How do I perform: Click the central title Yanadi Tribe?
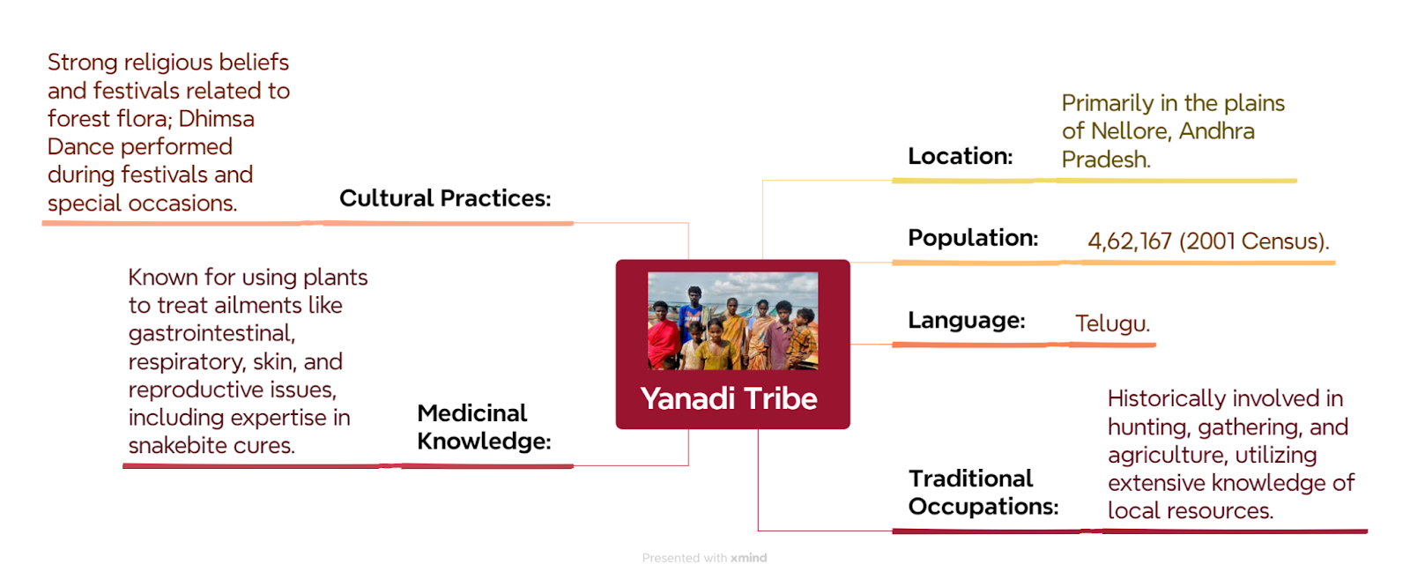click(x=728, y=398)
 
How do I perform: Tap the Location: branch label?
click(x=960, y=155)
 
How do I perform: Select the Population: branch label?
click(x=973, y=237)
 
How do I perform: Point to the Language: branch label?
click(x=966, y=320)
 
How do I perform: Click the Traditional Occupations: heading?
click(x=983, y=492)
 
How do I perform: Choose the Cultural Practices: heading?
click(x=445, y=197)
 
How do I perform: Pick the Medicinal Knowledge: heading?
click(x=484, y=427)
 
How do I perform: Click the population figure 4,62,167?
click(x=1129, y=241)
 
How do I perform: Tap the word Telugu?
click(x=1112, y=323)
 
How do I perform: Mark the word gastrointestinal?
click(x=212, y=334)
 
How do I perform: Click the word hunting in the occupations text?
click(x=1150, y=427)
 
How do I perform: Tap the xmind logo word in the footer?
click(x=748, y=558)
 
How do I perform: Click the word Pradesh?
click(x=1106, y=160)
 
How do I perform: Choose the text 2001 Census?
click(x=1252, y=241)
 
